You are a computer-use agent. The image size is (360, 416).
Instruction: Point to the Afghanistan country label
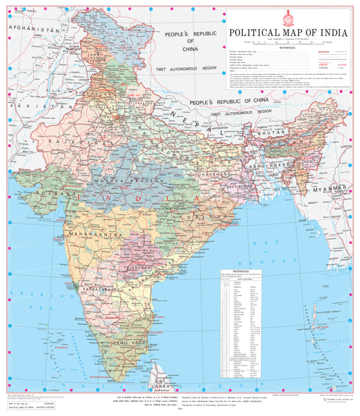[31, 29]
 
